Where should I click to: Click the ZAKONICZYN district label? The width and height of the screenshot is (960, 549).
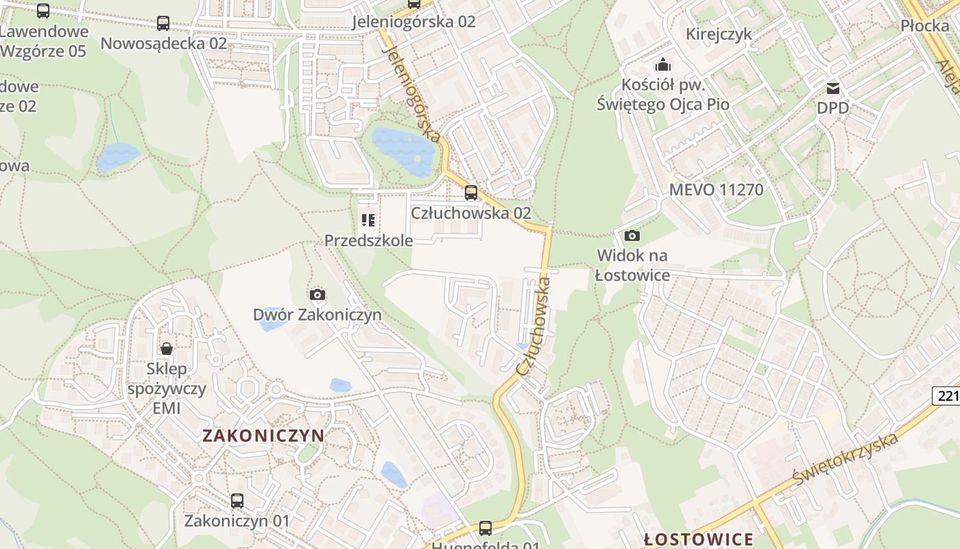[x=263, y=435]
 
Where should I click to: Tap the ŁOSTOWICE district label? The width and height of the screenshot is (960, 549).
[x=699, y=539]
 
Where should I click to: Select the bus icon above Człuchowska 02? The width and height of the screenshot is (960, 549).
[x=471, y=193]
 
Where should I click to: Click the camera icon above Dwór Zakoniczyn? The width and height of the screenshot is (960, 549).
[x=317, y=295]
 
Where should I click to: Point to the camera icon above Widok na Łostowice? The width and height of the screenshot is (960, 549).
[x=632, y=236]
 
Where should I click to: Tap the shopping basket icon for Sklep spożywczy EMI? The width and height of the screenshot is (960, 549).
[x=167, y=349]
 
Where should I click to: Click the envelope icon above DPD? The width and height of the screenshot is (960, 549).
[x=833, y=88]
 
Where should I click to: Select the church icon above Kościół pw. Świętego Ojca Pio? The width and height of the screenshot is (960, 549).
[x=662, y=65]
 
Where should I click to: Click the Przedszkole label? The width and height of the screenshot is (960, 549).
[x=368, y=240]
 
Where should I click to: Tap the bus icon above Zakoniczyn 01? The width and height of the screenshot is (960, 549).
[x=237, y=501]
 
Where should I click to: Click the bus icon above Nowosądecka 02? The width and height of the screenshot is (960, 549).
[x=163, y=23]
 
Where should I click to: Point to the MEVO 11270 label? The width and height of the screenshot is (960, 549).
[x=716, y=189]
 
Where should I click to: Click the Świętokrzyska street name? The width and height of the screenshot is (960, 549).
[x=845, y=458]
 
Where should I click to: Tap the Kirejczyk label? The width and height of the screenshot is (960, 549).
[x=719, y=34]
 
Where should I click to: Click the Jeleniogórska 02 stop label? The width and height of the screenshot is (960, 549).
[x=413, y=21]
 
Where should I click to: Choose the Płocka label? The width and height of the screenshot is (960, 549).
[x=924, y=26]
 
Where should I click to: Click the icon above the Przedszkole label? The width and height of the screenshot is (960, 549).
[x=368, y=220]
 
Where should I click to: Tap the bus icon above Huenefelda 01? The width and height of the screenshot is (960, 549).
[x=485, y=528]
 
